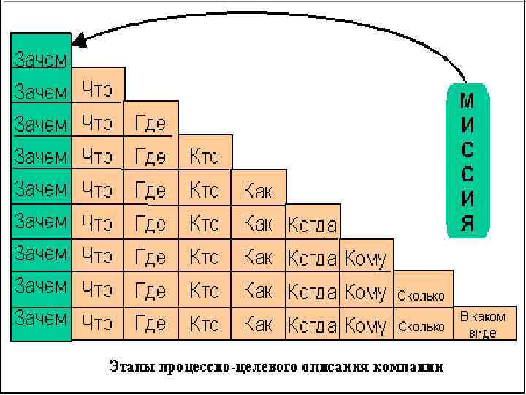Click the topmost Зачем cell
(42, 58)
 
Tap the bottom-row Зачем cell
(42, 319)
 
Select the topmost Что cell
(97, 89)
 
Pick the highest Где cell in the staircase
(150, 122)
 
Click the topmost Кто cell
(204, 155)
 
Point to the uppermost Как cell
(258, 191)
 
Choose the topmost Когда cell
(312, 223)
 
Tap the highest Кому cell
(365, 257)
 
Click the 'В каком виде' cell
(479, 325)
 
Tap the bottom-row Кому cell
(365, 324)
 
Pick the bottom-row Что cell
(97, 322)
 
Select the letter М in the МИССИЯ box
(468, 101)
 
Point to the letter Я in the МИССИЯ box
(468, 222)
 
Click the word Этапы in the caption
(129, 364)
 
